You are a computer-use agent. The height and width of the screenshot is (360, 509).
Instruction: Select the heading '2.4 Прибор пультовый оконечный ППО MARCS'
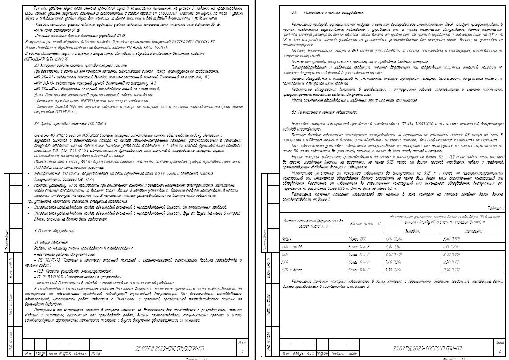(x=70, y=123)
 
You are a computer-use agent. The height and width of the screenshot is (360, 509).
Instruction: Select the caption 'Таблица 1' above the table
(x=495, y=208)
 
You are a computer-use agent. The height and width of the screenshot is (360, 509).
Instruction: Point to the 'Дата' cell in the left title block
(x=95, y=353)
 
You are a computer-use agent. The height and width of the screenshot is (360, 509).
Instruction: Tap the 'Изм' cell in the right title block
(x=285, y=353)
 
